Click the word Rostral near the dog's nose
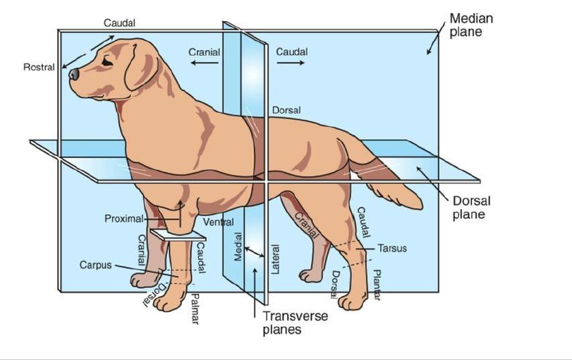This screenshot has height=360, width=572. [x=39, y=68]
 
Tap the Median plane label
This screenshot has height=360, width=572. [x=471, y=25]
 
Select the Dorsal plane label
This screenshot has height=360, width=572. [x=470, y=207]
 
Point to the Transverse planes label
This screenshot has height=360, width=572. [x=295, y=323]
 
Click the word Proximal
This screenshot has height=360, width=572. [x=124, y=219]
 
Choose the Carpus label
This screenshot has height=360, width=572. [x=95, y=265]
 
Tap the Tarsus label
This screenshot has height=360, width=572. [x=392, y=248]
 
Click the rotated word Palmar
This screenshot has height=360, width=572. [x=195, y=308]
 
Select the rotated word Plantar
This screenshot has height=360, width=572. [x=377, y=284]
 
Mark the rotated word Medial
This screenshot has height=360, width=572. [x=238, y=247]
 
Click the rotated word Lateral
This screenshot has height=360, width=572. [x=276, y=258]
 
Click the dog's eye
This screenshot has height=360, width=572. [x=106, y=61]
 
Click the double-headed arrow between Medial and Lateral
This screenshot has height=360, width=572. [x=255, y=250]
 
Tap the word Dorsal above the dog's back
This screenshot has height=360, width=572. [x=286, y=110]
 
